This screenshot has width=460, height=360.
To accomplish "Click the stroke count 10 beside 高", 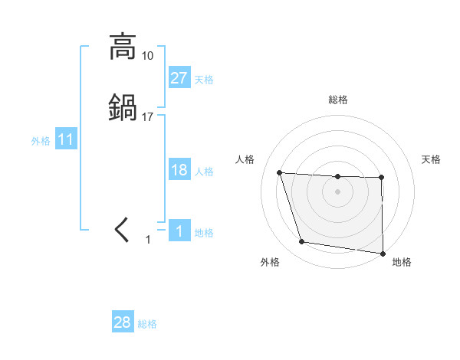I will (x=147, y=56).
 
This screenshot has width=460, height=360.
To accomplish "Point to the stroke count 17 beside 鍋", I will (x=147, y=117).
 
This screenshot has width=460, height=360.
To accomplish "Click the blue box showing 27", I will (x=179, y=77).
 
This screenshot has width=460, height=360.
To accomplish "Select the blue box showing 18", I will (x=179, y=170).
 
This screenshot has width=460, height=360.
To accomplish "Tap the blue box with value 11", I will (x=65, y=139).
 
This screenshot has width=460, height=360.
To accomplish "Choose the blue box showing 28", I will (x=122, y=322).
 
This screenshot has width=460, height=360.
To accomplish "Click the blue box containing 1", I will (x=179, y=231).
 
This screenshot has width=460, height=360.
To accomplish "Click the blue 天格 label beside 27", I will (x=204, y=79).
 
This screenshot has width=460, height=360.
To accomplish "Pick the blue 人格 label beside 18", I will (x=204, y=172).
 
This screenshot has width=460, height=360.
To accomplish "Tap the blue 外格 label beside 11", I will (x=41, y=141).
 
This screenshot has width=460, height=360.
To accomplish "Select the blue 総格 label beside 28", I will (x=147, y=324).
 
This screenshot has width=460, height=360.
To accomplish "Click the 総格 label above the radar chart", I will (x=337, y=100).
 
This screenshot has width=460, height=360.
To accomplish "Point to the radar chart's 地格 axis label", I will (x=402, y=262).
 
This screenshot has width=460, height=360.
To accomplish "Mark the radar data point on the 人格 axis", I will (x=280, y=172).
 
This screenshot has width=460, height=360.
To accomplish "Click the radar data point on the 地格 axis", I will (x=383, y=254).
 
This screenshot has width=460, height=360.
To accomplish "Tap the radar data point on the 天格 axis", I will (x=382, y=178).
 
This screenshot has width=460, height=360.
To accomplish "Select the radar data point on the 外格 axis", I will (x=302, y=242).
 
